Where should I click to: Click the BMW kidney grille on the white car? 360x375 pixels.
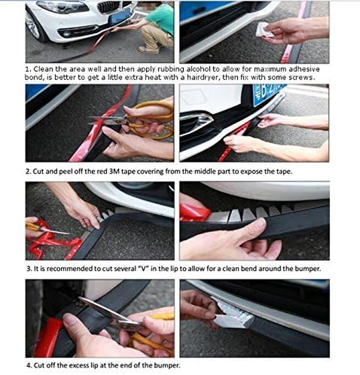tap(108, 7)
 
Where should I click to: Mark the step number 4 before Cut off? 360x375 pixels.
tap(28, 365)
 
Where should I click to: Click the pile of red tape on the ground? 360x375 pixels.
tap(49, 239)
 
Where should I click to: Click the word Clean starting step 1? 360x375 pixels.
tap(42, 69)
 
